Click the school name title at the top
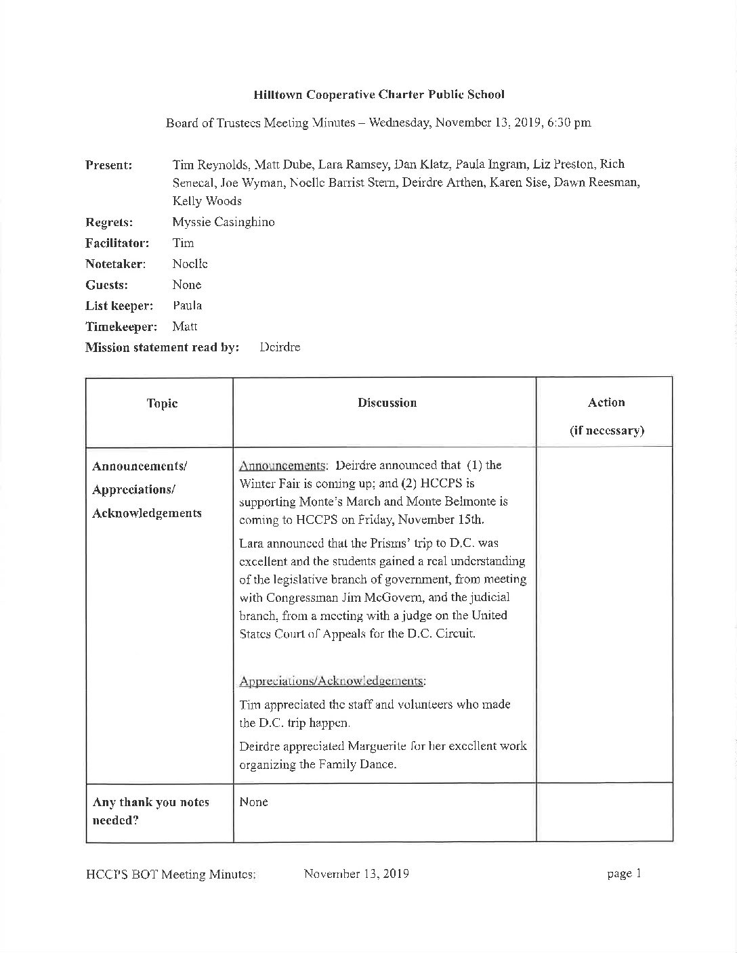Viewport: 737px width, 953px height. point(379,95)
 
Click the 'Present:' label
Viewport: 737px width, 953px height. point(108,165)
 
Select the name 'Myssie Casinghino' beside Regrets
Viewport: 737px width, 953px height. point(224,222)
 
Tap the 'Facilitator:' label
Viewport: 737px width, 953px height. point(117,243)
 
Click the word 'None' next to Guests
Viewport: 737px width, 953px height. point(187,285)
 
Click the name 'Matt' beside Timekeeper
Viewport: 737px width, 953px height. point(185,326)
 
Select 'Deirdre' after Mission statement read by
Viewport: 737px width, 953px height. point(280,347)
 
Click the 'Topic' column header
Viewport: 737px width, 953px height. point(162,403)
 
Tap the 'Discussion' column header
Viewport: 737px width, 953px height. point(387,403)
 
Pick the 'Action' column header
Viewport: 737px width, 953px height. point(606,402)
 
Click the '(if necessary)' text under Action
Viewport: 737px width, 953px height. point(606,430)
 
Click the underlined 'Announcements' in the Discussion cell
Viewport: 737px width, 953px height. point(282,466)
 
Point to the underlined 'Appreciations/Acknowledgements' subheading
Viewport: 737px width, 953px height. point(333,681)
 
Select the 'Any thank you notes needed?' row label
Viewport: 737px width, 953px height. point(150,811)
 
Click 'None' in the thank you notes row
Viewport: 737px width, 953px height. point(254,802)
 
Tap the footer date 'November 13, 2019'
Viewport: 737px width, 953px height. point(356,874)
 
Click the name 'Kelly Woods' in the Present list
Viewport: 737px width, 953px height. point(207,201)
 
